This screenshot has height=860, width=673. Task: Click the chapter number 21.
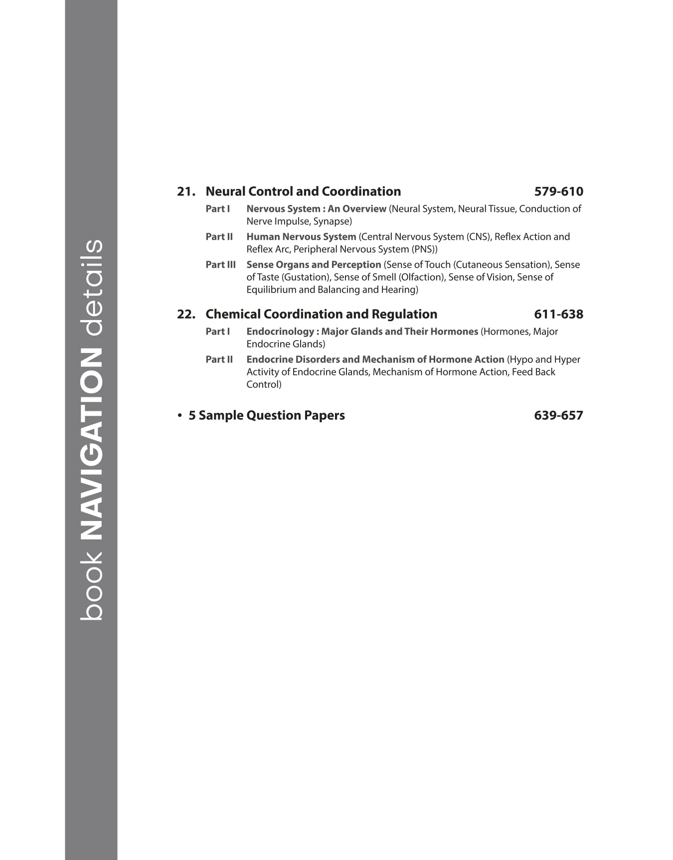(x=185, y=191)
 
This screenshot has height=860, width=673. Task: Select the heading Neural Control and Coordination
(x=303, y=191)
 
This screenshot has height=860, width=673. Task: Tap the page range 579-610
(x=558, y=191)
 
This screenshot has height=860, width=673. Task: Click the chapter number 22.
(x=185, y=314)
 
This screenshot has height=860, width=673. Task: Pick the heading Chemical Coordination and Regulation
(x=321, y=314)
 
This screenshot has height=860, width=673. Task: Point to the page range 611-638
(x=558, y=314)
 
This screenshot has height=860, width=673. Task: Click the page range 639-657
(x=558, y=415)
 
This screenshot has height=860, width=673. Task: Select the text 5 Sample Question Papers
(x=267, y=415)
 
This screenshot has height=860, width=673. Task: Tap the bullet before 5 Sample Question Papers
(x=179, y=415)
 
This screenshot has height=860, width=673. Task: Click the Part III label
(x=220, y=265)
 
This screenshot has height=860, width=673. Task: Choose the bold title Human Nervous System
(x=301, y=237)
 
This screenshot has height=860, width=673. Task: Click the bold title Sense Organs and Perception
(x=314, y=265)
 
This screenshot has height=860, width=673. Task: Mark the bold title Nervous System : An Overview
(x=316, y=209)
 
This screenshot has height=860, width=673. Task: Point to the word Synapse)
(x=333, y=221)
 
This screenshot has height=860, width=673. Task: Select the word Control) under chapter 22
(x=264, y=384)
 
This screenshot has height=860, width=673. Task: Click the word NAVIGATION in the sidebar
(x=91, y=444)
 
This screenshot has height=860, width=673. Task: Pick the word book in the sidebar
(x=91, y=586)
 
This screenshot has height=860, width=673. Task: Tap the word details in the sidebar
(x=91, y=288)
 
